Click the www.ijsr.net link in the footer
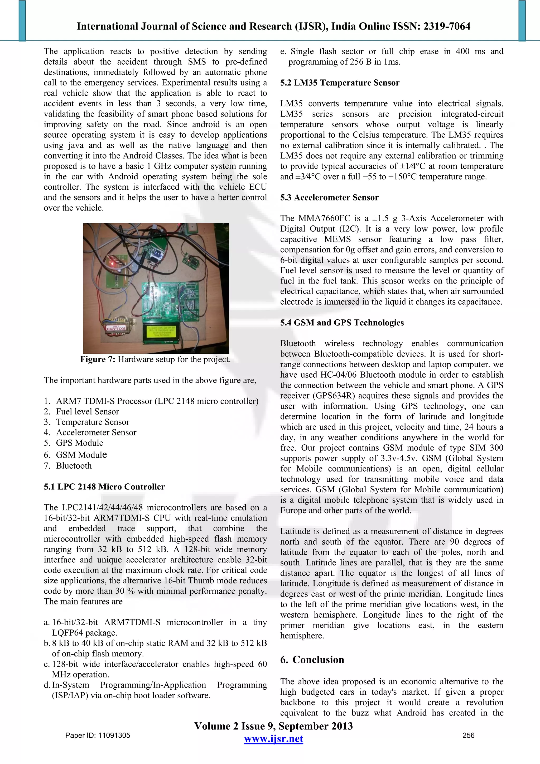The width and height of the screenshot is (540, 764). (273, 739)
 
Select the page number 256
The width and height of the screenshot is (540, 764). (468, 735)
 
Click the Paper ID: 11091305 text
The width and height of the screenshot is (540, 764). (98, 735)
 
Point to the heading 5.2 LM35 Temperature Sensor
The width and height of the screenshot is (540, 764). (339, 83)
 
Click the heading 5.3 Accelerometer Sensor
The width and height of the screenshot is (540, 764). (329, 198)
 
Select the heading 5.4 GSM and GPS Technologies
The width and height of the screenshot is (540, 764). (342, 323)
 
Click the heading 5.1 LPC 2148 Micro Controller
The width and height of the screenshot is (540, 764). (104, 487)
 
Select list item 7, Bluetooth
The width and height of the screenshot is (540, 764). (74, 466)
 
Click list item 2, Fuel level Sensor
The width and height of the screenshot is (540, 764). (87, 412)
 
